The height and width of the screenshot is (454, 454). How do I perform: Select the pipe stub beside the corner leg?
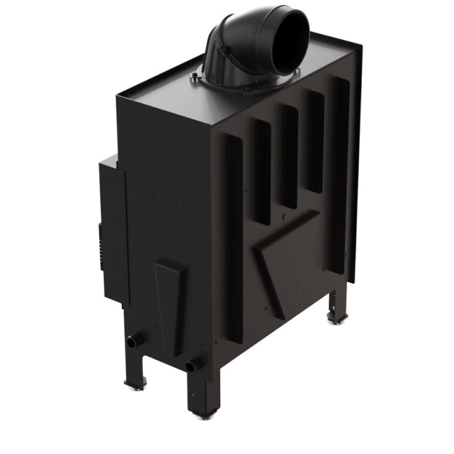coord(193,365)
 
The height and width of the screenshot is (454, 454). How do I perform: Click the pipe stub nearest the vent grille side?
coord(134,342)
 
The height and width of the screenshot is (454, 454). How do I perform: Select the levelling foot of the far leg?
coord(339,320)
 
